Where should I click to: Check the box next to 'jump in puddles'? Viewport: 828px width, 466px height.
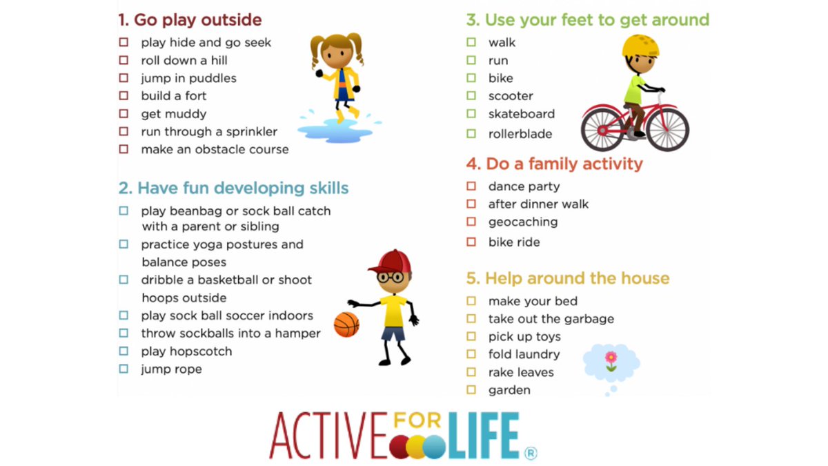[124, 78]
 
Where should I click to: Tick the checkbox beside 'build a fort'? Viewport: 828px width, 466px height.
[124, 96]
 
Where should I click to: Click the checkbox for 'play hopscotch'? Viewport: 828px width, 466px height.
[124, 351]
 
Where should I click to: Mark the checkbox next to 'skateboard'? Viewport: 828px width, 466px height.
[471, 114]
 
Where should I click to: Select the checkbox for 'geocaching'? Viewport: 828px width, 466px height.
[471, 222]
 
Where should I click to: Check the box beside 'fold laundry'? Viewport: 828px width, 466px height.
[471, 354]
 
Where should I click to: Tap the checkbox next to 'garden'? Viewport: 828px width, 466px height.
[471, 390]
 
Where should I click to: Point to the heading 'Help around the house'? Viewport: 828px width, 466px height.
[568, 278]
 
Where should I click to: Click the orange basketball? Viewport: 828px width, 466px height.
[346, 324]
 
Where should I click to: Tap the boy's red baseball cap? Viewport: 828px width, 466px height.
[390, 262]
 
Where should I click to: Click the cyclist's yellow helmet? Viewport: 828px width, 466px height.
[640, 47]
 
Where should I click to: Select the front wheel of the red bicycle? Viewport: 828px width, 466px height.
[668, 129]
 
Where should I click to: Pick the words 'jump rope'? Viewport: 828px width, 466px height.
[172, 369]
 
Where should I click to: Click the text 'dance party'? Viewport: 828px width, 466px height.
[524, 186]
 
